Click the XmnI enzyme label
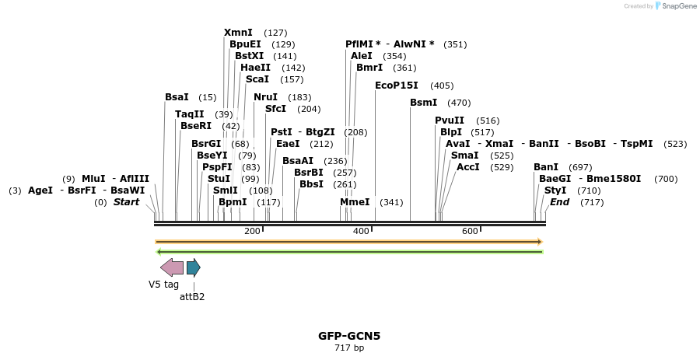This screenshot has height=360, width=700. pos(238,33)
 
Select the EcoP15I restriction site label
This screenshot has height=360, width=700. pos(397,86)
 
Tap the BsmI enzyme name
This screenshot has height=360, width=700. pos(423,103)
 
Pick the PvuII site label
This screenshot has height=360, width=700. pos(450,121)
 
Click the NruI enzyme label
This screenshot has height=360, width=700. pos(265,97)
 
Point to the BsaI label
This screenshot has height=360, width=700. pos(177,97)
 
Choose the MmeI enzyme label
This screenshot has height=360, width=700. pos(355,202)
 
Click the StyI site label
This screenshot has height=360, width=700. pos(555,190)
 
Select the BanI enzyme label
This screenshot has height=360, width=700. pos(546,167)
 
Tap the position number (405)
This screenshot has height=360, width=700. pos(442,86)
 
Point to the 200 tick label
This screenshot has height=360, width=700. pos(252,232)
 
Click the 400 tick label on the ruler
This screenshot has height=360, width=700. pos(361,232)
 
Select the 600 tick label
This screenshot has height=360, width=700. pos(470,232)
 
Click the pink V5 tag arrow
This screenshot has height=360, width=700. pos(171,267)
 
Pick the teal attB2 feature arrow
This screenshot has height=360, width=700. pos(193,267)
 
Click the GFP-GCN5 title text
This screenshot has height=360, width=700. pos(349,336)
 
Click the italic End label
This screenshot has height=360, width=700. pos(559,202)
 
